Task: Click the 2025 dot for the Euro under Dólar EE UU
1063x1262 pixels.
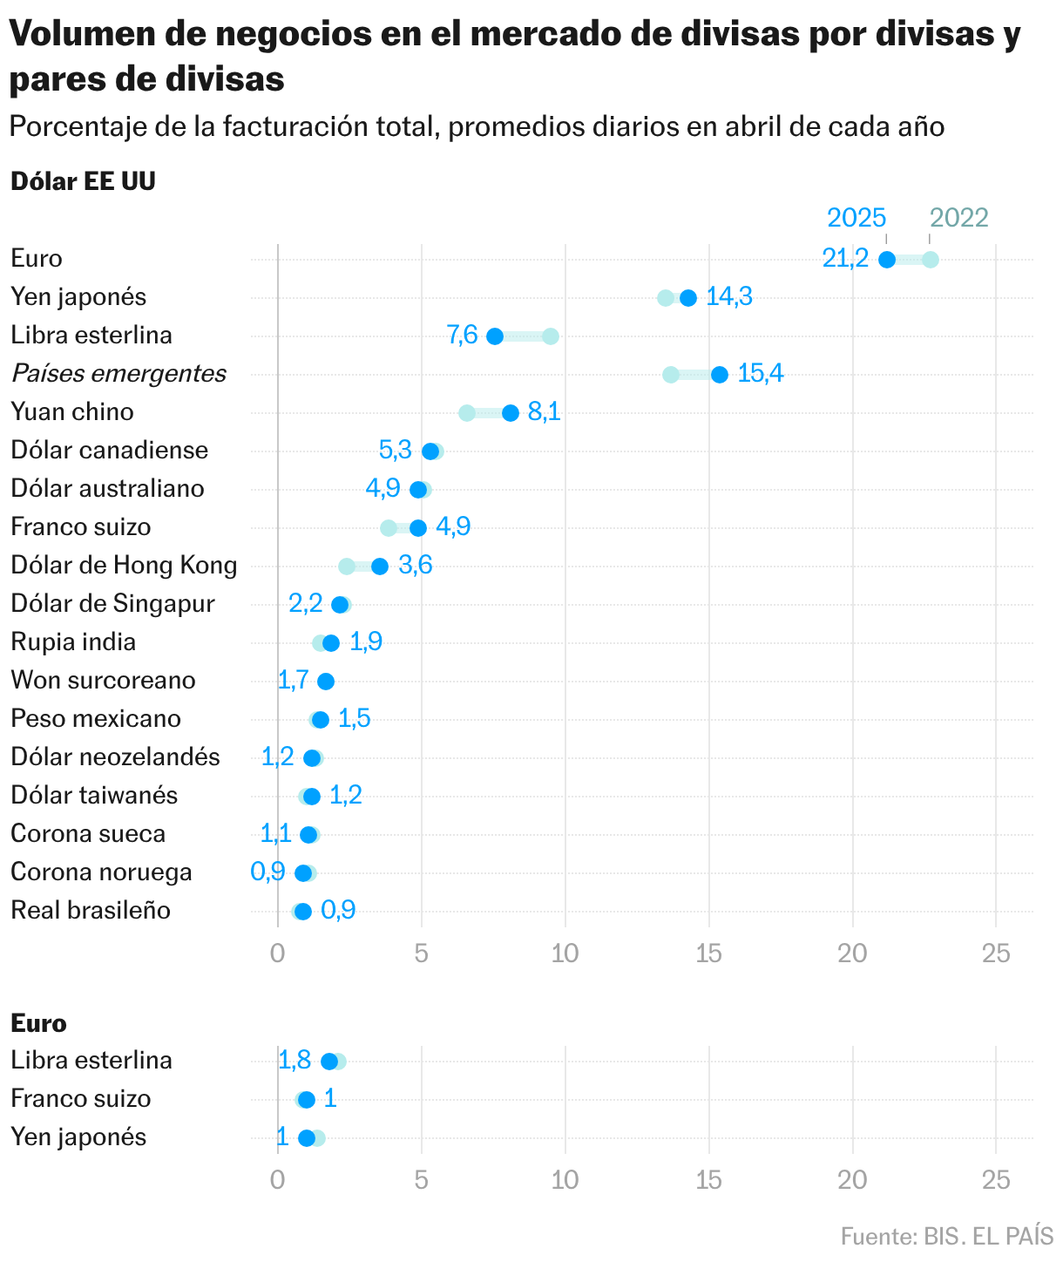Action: click(887, 259)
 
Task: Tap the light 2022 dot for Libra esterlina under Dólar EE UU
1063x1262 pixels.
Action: click(550, 336)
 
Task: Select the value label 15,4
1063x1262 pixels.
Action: click(761, 373)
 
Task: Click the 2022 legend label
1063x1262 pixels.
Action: click(958, 217)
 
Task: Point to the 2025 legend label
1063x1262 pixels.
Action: click(856, 217)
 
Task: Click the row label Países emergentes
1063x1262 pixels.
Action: click(118, 373)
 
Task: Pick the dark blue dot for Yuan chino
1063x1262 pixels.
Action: click(511, 413)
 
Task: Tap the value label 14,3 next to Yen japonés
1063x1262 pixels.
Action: click(729, 296)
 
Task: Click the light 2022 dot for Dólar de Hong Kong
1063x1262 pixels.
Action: click(347, 567)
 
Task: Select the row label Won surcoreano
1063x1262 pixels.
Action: click(103, 680)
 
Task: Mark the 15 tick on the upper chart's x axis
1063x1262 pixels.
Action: click(709, 953)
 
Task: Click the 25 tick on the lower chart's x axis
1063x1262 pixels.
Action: click(996, 1180)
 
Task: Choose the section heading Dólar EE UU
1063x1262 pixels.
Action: click(83, 181)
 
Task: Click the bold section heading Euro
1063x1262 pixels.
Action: click(38, 1023)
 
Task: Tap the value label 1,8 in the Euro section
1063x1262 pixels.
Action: click(295, 1060)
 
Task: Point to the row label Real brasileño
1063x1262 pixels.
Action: click(91, 910)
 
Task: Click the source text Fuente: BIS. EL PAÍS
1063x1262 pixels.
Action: click(946, 1236)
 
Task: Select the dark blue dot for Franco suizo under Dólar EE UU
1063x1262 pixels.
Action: click(418, 528)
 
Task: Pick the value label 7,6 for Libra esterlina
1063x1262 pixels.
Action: click(463, 335)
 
